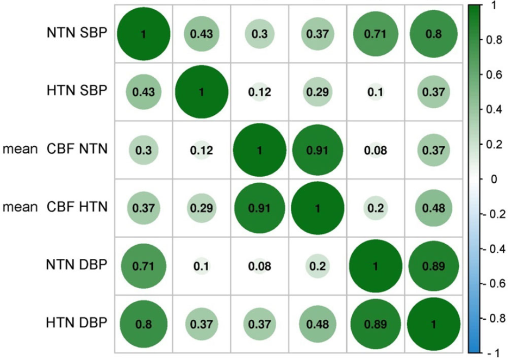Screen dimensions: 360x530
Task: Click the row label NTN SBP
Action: coord(76,33)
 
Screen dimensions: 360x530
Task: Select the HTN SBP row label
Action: coord(76,91)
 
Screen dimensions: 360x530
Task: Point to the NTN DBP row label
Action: coord(76,266)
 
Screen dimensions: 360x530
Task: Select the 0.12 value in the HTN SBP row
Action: coord(259,92)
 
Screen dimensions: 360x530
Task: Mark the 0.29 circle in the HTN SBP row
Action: coord(317,92)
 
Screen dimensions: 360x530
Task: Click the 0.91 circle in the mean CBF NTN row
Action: coord(317,151)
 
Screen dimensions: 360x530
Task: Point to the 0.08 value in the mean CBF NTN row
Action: coord(375,151)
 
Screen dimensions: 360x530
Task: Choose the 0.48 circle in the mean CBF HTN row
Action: coord(433,209)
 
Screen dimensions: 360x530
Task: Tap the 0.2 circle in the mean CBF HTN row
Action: coord(375,209)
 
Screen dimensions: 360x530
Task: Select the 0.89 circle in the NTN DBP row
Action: coord(433,267)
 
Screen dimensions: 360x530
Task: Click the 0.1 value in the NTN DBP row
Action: coord(201,267)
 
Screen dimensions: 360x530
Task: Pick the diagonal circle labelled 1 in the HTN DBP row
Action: coord(433,325)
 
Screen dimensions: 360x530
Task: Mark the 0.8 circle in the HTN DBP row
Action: coord(144,325)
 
